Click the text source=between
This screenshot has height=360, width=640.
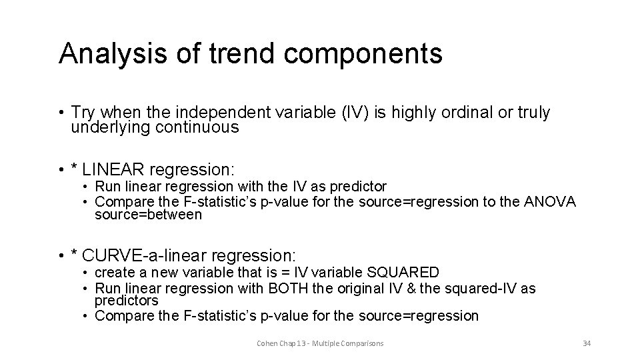[148, 215]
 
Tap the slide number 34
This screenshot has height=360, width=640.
[587, 343]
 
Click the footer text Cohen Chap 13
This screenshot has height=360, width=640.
[282, 343]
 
